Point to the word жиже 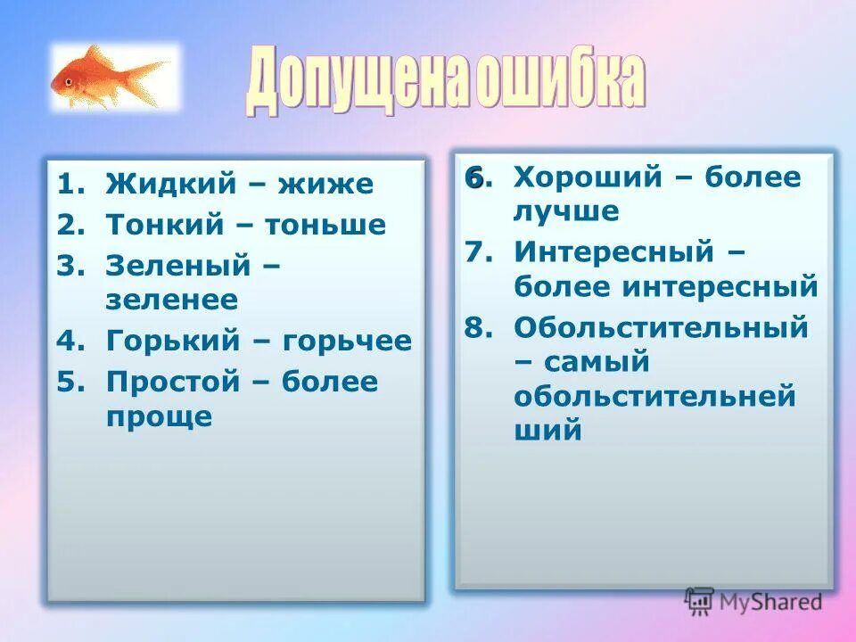[x=325, y=185]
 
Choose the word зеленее [x=171, y=299]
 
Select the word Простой [x=174, y=382]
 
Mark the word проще [x=159, y=416]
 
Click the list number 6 [x=474, y=177]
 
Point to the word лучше [x=565, y=210]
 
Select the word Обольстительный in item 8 [x=661, y=327]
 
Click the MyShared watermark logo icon [x=700, y=602]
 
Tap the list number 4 [x=68, y=341]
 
